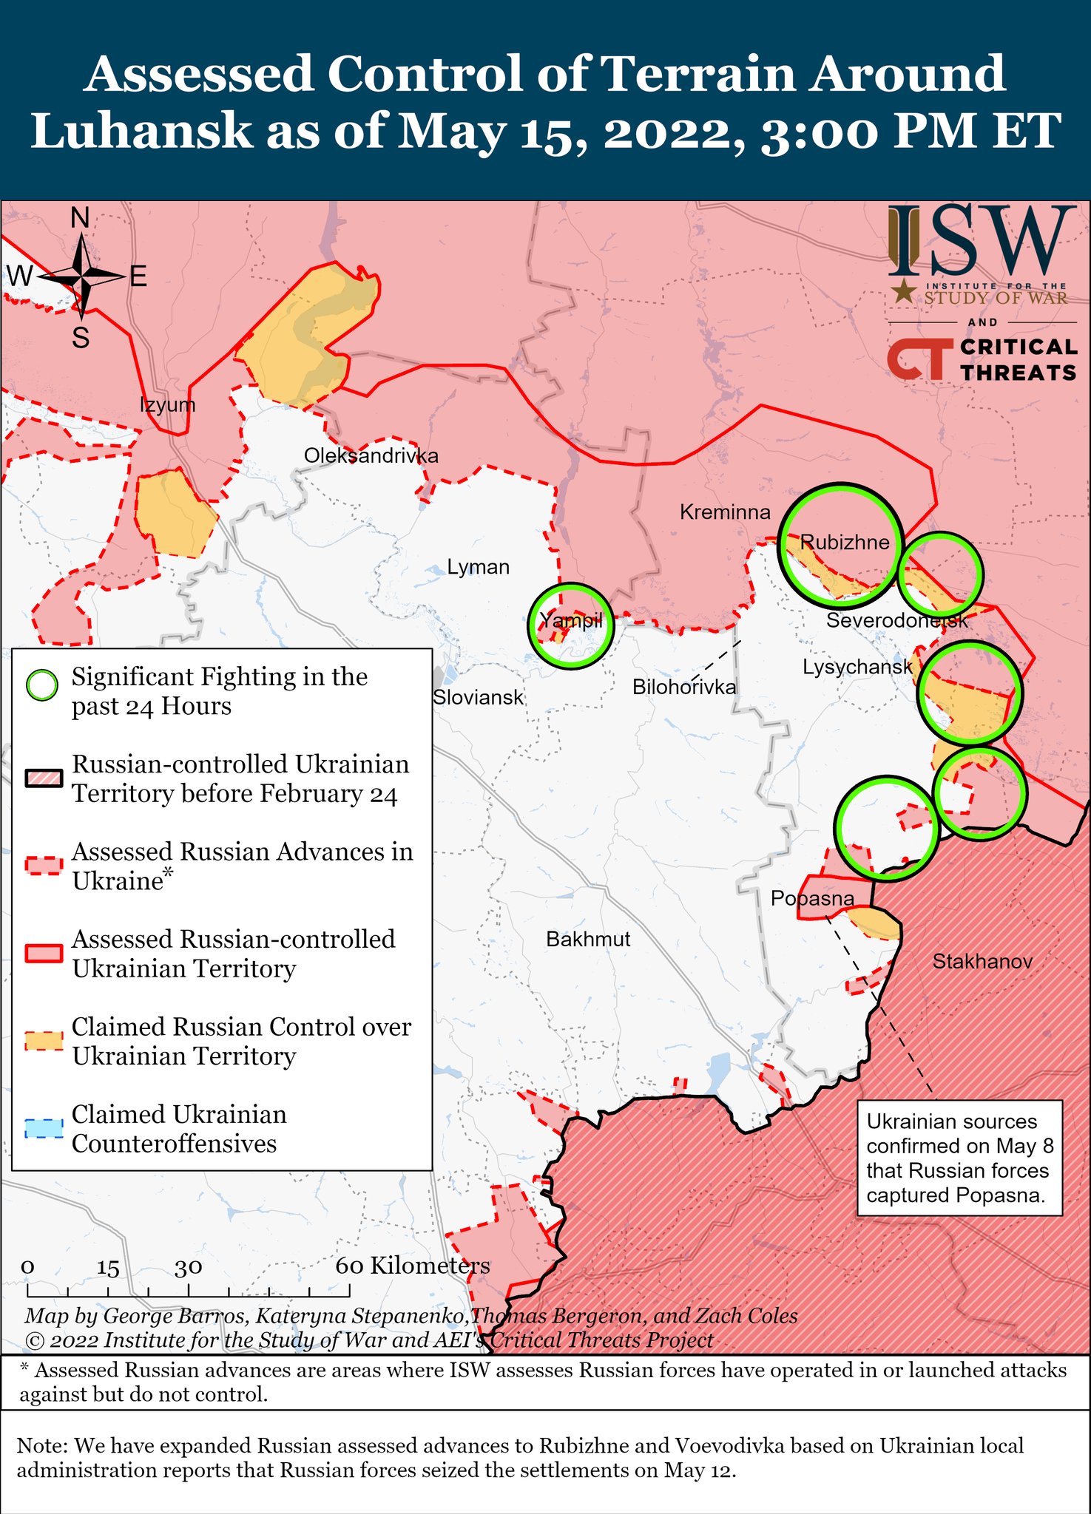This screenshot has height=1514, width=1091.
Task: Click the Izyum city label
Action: (x=168, y=404)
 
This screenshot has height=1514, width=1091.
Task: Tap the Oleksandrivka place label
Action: (x=371, y=455)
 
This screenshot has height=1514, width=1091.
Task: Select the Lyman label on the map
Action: (x=479, y=567)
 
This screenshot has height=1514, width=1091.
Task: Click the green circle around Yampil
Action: (x=571, y=625)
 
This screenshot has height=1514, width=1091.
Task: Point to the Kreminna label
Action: (x=725, y=512)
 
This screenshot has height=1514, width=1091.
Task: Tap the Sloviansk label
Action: (x=478, y=696)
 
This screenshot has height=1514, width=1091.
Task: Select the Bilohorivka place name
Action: (x=684, y=687)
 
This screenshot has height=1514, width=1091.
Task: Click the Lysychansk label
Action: (x=858, y=667)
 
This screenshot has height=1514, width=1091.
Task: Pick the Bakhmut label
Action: (x=588, y=939)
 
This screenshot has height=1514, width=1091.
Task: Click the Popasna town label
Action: (x=812, y=898)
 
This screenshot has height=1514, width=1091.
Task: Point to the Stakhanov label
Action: (x=982, y=961)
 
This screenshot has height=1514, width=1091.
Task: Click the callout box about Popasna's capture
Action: (x=959, y=1158)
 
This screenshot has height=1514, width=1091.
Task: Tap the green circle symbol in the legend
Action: (x=42, y=685)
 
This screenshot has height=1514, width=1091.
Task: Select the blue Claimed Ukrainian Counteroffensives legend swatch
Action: (x=44, y=1129)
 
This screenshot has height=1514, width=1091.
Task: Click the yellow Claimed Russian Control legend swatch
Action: (x=44, y=1041)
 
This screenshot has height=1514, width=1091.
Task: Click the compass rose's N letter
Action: (x=80, y=218)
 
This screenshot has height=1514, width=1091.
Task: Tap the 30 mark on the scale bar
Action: (x=189, y=1268)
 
